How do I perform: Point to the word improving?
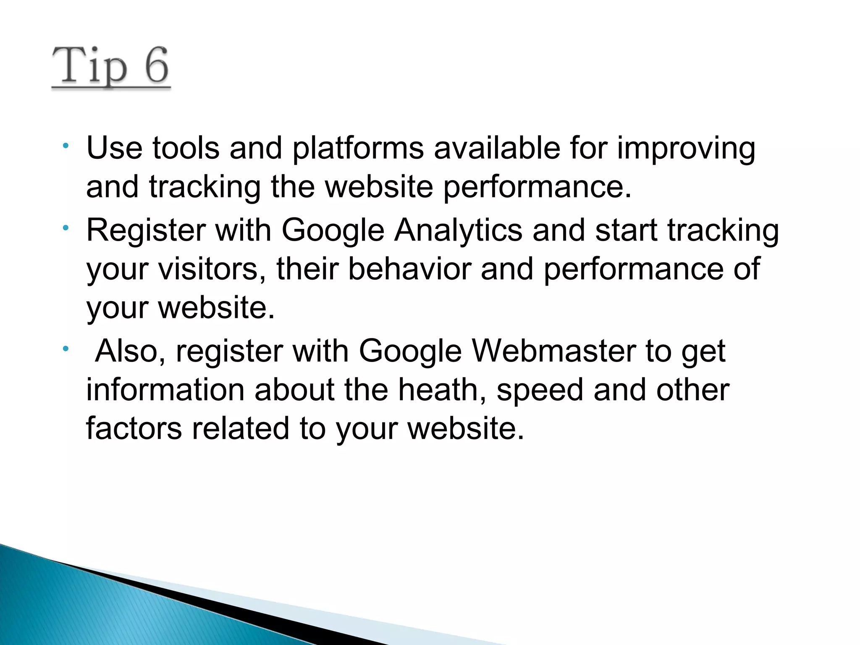686,149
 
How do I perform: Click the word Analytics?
458,231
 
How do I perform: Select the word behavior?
409,269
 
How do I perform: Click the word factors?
134,428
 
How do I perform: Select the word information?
165,390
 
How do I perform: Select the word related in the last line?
241,428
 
